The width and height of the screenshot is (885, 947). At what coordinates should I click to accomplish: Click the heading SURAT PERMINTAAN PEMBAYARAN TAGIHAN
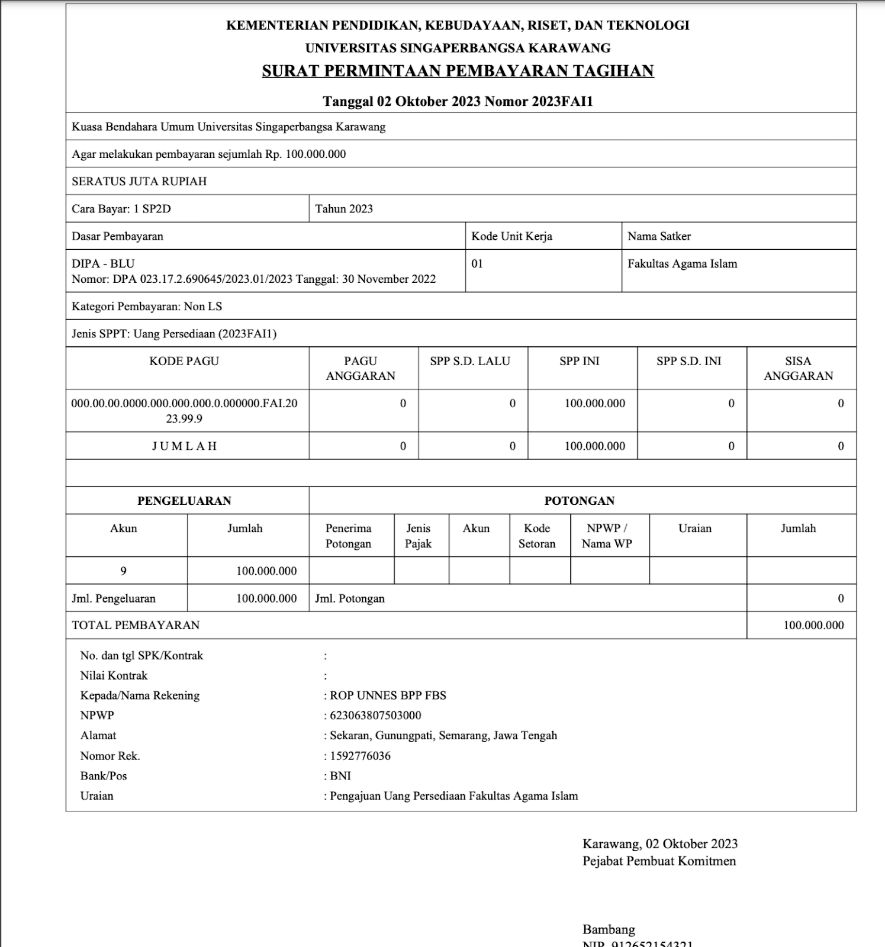coord(458,71)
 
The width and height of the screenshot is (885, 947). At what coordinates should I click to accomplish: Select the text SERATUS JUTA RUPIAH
coord(139,182)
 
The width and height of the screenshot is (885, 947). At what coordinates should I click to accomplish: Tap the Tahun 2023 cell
coord(344,209)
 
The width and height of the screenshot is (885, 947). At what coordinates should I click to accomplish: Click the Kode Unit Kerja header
coord(511,236)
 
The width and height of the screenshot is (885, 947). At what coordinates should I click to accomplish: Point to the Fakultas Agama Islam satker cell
coord(682,264)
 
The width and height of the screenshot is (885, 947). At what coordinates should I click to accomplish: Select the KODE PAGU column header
coord(184,361)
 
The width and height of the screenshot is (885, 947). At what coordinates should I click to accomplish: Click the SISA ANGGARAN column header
coord(798,368)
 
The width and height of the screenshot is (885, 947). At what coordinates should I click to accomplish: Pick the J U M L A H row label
coord(184,446)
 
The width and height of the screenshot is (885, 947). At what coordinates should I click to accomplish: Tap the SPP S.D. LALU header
coord(470,361)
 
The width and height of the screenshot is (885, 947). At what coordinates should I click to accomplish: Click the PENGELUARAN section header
coord(184,501)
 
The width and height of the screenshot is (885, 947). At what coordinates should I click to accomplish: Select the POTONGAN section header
coord(580,501)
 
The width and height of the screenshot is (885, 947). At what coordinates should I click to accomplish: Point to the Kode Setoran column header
coord(537,536)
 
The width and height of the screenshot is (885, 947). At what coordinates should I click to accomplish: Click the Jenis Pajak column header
coord(419,536)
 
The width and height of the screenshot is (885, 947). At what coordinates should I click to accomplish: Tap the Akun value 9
coord(123,571)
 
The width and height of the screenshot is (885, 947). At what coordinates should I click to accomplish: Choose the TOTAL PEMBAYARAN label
coord(136,626)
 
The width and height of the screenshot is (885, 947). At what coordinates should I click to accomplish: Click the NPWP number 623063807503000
coord(375,716)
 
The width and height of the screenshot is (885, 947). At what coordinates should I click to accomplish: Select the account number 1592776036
coord(360,756)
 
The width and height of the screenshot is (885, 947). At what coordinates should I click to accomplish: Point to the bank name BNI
coord(340,776)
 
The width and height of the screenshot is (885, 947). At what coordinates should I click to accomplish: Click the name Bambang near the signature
coord(609,929)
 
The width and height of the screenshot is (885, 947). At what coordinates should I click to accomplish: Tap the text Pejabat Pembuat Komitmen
coord(659,861)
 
